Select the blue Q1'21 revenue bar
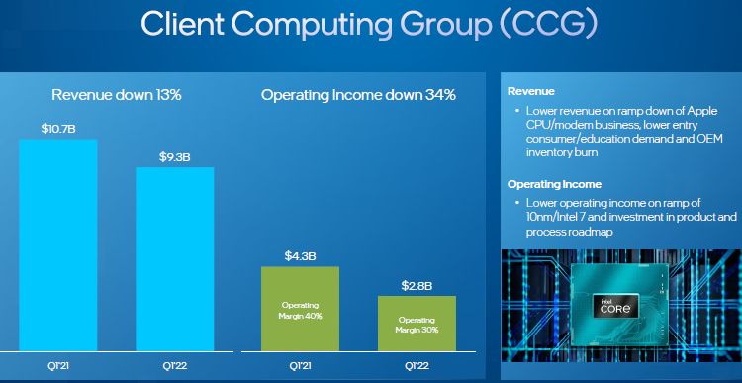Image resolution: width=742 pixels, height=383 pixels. pos(58,245)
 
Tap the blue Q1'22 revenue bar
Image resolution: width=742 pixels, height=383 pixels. pos(174,259)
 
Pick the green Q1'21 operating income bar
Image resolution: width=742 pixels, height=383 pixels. pos(301,309)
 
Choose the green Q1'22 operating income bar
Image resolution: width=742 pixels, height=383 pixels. pos(417,324)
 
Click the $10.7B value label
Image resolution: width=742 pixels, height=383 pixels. pos(58,129)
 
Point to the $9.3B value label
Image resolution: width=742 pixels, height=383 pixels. pos(174,157)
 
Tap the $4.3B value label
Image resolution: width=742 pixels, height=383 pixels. pos(300,256)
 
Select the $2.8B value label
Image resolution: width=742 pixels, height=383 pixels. pos(417,286)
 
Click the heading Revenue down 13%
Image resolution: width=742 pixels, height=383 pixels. pos(117,95)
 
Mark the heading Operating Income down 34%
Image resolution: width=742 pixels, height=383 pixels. pos(358,95)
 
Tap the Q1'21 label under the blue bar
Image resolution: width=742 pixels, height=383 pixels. pos(58,366)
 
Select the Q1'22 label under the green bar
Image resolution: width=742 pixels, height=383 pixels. pos(417,366)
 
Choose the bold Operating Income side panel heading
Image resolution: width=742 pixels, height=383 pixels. pos(555,184)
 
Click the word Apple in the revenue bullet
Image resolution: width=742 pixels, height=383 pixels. pos(703,111)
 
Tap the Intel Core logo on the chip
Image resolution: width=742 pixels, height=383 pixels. pos(615,307)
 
